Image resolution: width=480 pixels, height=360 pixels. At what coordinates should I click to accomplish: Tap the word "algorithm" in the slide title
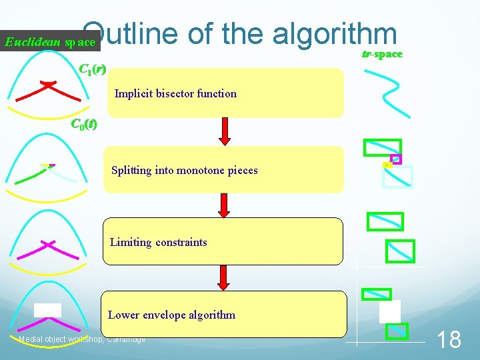coord(333,34)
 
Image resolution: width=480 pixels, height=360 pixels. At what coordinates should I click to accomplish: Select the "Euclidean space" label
coord(50,43)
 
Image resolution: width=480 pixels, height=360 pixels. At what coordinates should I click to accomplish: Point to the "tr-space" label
coord(381,54)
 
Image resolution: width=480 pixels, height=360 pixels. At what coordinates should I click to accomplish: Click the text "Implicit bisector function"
coord(175,93)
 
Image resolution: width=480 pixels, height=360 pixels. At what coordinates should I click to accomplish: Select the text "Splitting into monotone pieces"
coord(184,170)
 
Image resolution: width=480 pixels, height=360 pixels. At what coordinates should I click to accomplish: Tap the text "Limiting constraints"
coord(158,242)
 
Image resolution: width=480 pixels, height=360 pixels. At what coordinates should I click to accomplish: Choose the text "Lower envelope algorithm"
coord(171,315)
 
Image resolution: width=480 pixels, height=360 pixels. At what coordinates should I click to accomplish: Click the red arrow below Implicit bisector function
coord(225,132)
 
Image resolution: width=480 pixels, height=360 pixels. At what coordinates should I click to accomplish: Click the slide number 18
coord(448,340)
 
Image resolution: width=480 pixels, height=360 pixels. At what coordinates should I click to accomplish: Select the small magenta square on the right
coord(395,159)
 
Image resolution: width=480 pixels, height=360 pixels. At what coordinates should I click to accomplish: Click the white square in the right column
coord(389,311)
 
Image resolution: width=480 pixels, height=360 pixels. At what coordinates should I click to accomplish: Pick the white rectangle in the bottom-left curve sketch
coord(47,310)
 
